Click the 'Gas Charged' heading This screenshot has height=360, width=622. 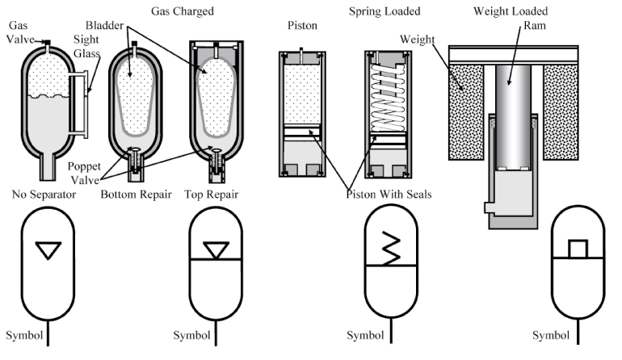[181, 11]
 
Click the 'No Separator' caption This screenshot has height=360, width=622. [44, 194]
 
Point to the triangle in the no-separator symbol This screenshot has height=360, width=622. [48, 252]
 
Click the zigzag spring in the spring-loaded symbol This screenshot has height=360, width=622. [391, 243]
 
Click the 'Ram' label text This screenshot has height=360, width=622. [518, 26]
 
